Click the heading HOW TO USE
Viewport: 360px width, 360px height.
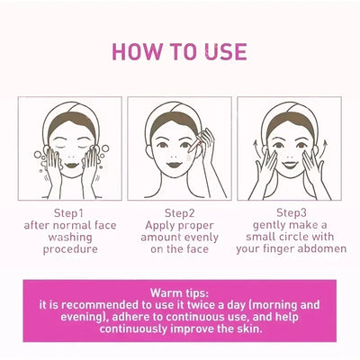pos(180,51)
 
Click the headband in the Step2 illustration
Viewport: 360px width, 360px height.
pos(179,114)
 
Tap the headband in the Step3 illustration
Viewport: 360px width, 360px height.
pos(289,114)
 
